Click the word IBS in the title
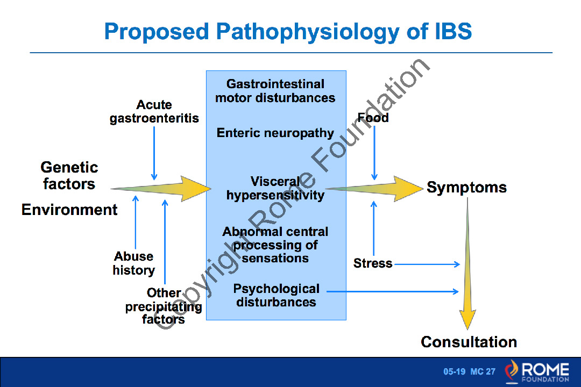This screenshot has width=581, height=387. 453,32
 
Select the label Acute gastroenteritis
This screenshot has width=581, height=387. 154,112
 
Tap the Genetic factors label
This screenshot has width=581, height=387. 69,176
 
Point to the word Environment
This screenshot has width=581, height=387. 69,210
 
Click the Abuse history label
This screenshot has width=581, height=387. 134,263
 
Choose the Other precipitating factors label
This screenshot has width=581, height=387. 164,306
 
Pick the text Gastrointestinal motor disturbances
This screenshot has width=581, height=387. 275,91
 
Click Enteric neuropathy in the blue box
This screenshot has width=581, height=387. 275,133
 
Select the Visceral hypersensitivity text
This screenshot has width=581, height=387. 275,188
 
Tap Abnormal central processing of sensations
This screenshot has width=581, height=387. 275,245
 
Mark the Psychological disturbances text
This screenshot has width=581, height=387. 276,295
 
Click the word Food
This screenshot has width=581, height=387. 373,118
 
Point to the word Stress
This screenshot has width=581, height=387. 373,263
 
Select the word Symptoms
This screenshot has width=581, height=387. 466,188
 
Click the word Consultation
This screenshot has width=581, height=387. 469,342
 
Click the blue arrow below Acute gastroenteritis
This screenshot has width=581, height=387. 154,153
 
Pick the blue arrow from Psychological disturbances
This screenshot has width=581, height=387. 393,291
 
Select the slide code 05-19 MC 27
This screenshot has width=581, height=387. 469,371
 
